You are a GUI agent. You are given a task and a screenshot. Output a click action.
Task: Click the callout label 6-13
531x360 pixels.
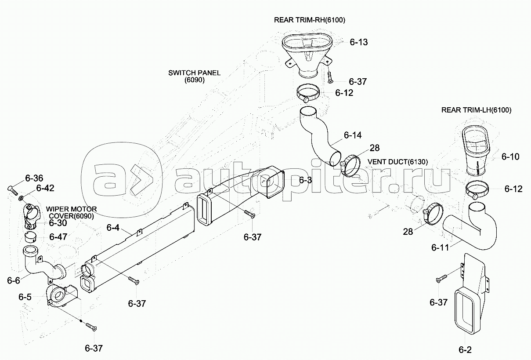pos(358,42)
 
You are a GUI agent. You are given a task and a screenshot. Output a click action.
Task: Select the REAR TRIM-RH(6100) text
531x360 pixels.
pos(312,20)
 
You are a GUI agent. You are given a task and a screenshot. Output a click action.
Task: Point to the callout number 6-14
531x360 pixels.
pos(353,135)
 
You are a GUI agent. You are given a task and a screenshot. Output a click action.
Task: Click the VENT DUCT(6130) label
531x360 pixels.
pos(398,162)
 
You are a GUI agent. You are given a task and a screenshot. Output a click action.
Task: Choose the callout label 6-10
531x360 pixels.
pos(510,156)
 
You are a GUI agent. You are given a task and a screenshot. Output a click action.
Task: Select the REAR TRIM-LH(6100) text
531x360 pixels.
pos(476,110)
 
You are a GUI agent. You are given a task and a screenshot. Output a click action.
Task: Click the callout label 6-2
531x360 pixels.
pos(465,350)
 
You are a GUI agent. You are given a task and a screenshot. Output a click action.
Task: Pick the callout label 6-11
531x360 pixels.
pos(441,247)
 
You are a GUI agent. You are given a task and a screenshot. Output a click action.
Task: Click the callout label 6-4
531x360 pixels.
pos(113,228)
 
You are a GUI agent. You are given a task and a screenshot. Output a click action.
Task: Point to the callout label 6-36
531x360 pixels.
pos(34,178)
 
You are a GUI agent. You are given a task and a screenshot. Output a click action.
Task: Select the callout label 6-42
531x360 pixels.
pos(45,188)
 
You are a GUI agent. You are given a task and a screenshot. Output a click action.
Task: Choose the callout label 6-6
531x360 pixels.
pos(13,280)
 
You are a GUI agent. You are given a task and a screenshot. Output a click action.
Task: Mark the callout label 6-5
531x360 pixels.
pos(25,297)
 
